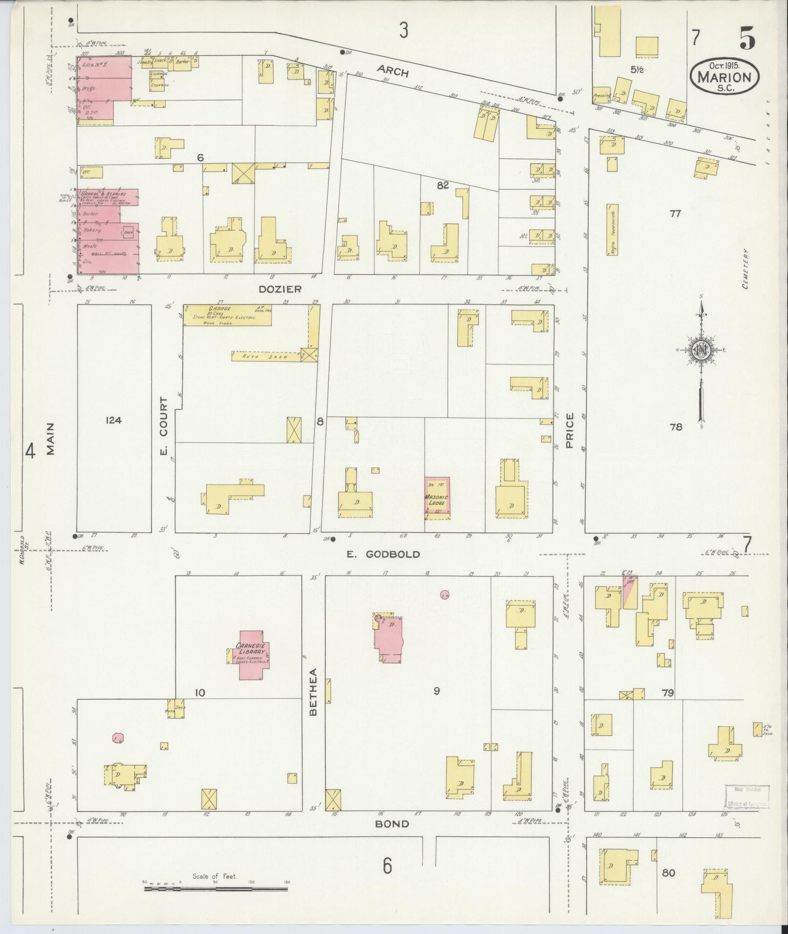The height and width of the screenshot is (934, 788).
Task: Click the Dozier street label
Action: tap(280, 289)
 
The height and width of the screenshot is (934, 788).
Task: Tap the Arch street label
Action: tap(392, 71)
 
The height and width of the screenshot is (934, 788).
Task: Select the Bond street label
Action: tap(392, 824)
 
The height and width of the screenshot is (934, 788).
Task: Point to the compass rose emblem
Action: tap(701, 350)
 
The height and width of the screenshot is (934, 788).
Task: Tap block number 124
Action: tap(113, 420)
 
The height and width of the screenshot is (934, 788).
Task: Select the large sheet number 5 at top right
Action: tap(748, 38)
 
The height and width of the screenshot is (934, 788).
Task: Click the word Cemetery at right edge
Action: tap(745, 269)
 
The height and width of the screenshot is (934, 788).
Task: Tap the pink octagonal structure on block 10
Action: tap(117, 738)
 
